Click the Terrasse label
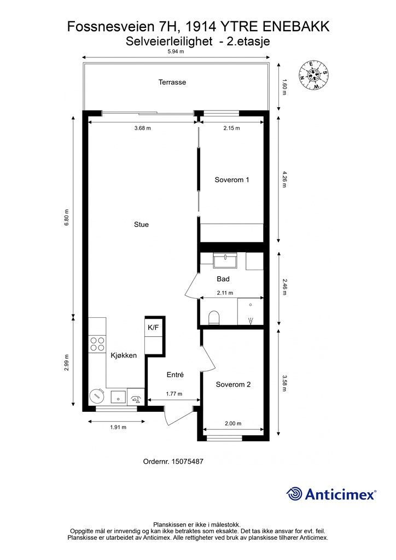[172, 82]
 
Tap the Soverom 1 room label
[232, 179]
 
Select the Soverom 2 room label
[233, 384]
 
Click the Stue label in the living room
[142, 224]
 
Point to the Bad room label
[223, 279]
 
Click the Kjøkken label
[124, 355]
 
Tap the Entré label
[176, 375]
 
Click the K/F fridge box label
[153, 327]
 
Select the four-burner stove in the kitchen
[97, 344]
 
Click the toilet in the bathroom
[213, 318]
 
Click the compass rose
[313, 75]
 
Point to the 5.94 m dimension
[176, 51]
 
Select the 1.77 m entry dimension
[174, 394]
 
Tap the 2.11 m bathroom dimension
[225, 293]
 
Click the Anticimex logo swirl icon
[295, 494]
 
